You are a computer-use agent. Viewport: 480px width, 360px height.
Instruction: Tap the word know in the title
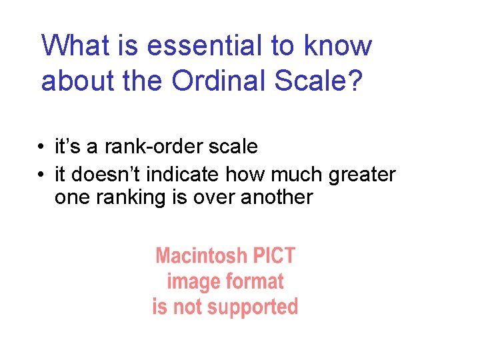pyautogui.click(x=338, y=45)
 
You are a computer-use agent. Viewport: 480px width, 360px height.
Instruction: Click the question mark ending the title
pyautogui.click(x=355, y=80)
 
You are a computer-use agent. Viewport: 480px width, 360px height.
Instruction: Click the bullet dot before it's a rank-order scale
pyautogui.click(x=41, y=147)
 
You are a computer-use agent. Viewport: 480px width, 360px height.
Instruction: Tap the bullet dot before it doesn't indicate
pyautogui.click(x=41, y=175)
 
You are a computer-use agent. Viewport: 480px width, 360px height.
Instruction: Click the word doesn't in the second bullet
pyautogui.click(x=104, y=175)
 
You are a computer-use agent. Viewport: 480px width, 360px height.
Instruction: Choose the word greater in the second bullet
pyautogui.click(x=362, y=175)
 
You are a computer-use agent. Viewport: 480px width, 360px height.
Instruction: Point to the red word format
pyautogui.click(x=253, y=281)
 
